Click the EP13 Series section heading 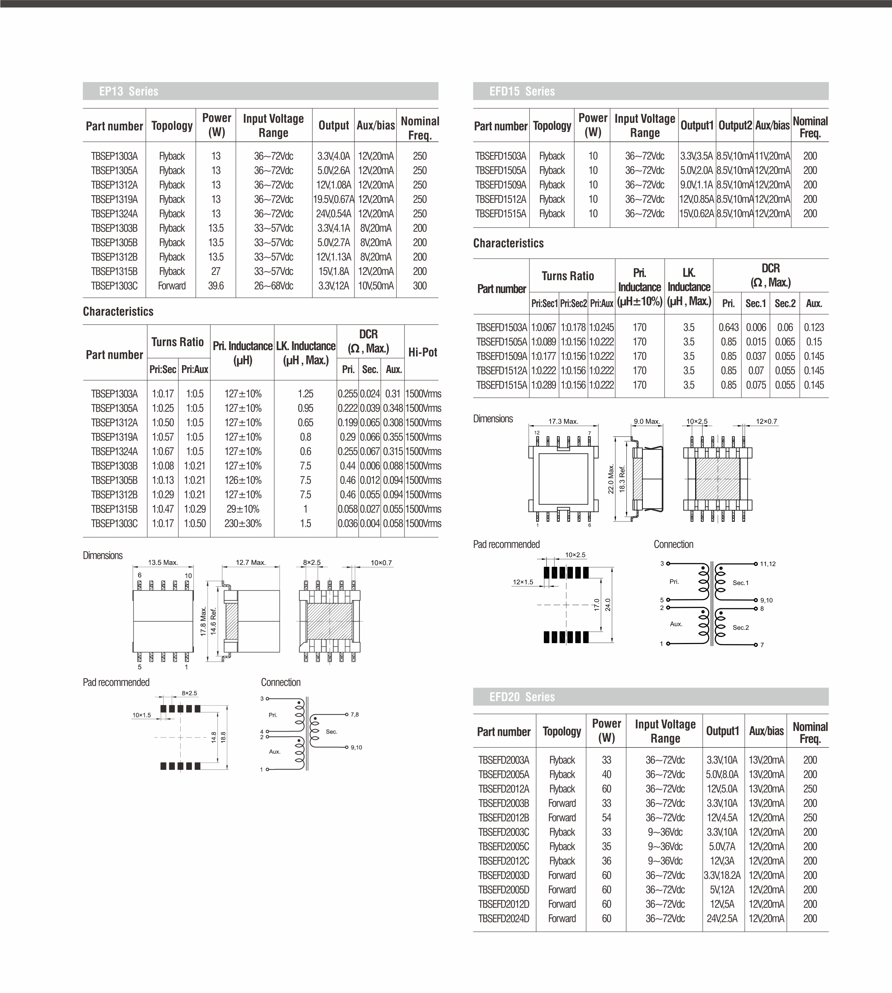point(129,91)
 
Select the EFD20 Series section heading point(522,697)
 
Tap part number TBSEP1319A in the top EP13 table point(114,199)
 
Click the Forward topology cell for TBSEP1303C point(171,286)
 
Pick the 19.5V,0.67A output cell point(333,199)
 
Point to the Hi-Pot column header point(422,352)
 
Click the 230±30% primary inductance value point(243,523)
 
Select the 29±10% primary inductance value point(243,509)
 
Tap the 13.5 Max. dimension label point(163,563)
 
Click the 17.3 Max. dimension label point(563,421)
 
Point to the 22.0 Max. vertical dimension point(611,480)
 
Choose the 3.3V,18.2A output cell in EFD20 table point(722,875)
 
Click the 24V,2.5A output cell point(722,919)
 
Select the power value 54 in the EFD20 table point(606,817)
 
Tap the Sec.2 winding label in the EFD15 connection point(740,628)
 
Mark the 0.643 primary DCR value point(728,327)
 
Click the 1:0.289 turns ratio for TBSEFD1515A point(544,385)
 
